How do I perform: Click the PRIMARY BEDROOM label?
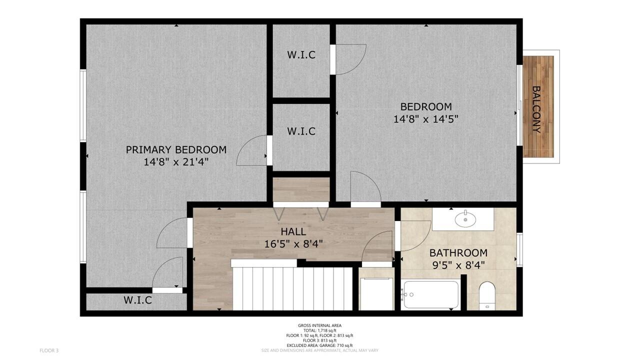[x=176, y=149]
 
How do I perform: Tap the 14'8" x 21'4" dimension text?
[x=176, y=162]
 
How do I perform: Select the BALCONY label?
[x=536, y=109]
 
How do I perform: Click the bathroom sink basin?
[x=465, y=219]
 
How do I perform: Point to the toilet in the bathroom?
[x=487, y=296]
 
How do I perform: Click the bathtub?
[x=430, y=294]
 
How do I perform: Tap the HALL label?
[x=293, y=231]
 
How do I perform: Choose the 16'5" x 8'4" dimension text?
[x=293, y=244]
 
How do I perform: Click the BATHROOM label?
[x=458, y=253]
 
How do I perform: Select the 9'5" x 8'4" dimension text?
[x=458, y=265]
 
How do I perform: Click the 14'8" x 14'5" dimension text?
[x=425, y=119]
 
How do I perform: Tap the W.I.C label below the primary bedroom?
[x=137, y=300]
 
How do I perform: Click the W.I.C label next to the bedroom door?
[x=301, y=55]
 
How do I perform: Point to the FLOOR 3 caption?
[x=49, y=350]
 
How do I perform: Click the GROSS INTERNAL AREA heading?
[x=319, y=325]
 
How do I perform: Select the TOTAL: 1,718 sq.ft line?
[x=319, y=330]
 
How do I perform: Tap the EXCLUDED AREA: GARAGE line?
[x=319, y=345]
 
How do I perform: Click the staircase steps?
[x=292, y=288]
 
